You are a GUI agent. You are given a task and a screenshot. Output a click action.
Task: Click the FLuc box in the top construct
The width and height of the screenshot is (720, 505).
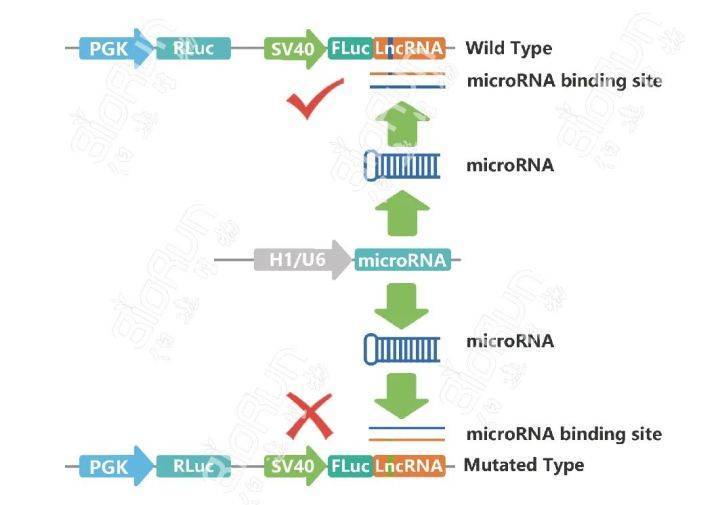tap(351, 47)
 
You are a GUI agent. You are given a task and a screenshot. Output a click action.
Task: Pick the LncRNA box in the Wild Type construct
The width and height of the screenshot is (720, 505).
tap(411, 47)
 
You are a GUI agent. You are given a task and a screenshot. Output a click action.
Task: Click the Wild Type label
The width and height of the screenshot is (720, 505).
tap(508, 48)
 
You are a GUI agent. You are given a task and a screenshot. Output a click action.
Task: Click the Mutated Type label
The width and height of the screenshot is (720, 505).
tap(524, 465)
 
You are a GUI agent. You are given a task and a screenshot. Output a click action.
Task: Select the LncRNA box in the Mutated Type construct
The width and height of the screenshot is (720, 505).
tap(411, 465)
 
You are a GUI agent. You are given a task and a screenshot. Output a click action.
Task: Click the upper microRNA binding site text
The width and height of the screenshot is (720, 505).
tap(563, 81)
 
